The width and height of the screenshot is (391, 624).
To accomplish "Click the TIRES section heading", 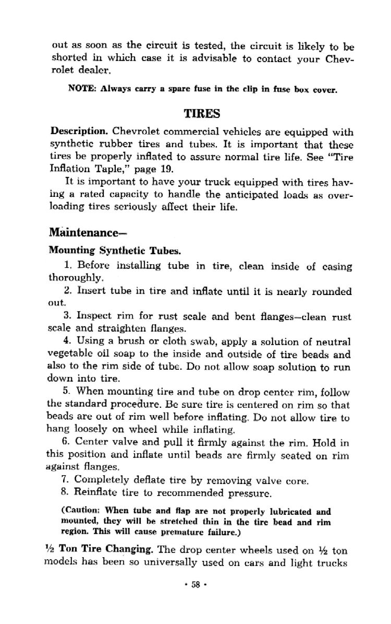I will pos(201,113).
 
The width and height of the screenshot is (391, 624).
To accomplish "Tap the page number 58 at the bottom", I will pos(196,598).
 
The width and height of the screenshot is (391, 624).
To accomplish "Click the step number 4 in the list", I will pos(67,342).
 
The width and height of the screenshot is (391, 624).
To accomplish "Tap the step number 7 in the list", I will pos(67,479).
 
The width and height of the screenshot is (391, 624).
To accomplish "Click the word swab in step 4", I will pos(194,342).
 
